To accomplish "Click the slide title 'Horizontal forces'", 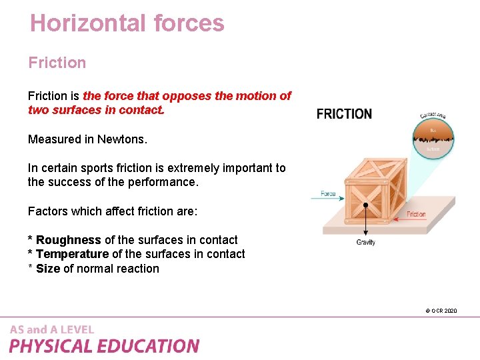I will click(127, 23).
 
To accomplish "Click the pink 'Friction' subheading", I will click(57, 63).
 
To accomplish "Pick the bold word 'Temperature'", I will click(72, 254).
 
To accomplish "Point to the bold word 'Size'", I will click(48, 269).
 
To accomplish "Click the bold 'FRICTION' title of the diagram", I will click(344, 113).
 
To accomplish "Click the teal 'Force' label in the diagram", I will click(328, 193).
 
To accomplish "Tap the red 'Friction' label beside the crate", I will click(416, 214).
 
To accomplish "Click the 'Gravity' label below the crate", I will click(365, 242).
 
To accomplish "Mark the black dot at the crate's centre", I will click(365, 204).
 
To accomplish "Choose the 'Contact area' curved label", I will click(433, 115).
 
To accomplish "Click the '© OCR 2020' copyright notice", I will click(441, 311).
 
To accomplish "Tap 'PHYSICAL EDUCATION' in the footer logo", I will click(104, 346).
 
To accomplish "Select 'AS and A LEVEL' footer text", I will click(52, 329).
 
